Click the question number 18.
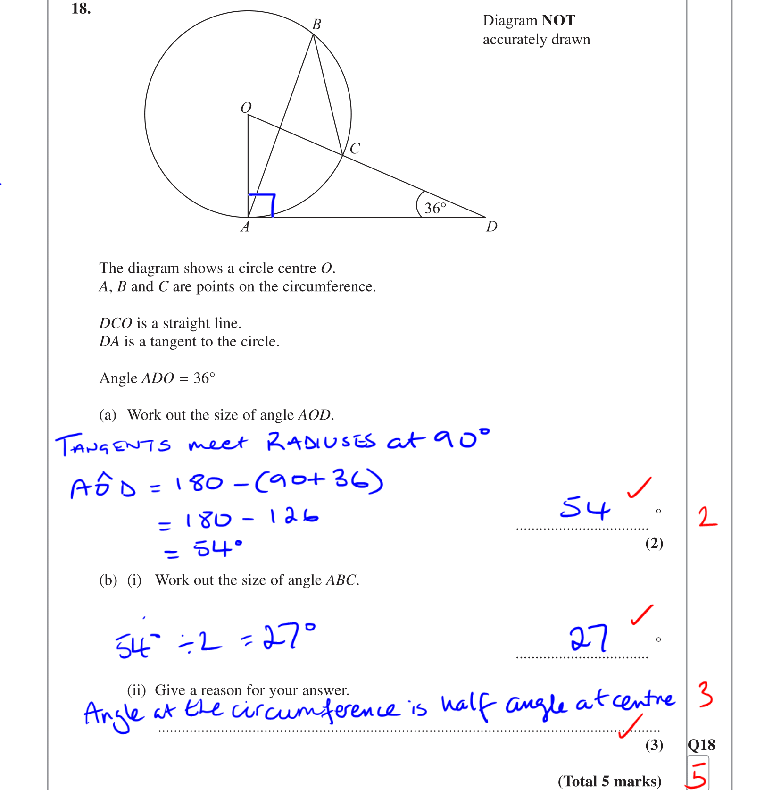coord(81,8)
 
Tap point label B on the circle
coord(316,24)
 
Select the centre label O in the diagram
coord(246,108)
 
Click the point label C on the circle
coord(355,149)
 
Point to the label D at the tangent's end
coord(491,227)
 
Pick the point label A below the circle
coord(245,227)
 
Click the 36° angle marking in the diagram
coord(434,208)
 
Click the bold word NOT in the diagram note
coord(558,20)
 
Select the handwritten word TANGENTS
coord(113,445)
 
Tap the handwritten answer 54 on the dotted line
coord(585,508)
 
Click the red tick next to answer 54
coord(640,487)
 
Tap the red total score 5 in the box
coord(698,774)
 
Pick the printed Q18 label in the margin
coord(701,745)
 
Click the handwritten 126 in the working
coord(294,517)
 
